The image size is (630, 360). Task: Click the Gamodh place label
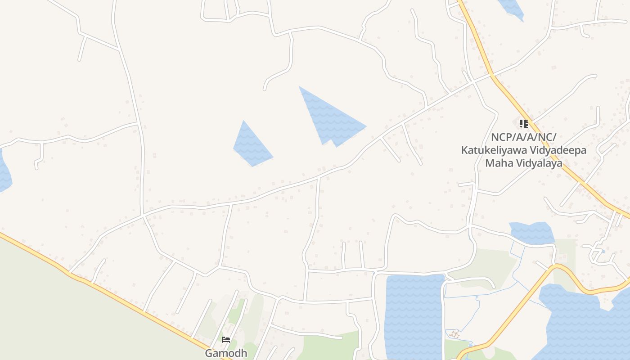pyautogui.click(x=226, y=353)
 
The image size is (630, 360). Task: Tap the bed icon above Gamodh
pyautogui.click(x=226, y=340)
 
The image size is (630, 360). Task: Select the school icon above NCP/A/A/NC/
pyautogui.click(x=523, y=123)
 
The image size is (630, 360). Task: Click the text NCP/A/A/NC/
pyautogui.click(x=523, y=137)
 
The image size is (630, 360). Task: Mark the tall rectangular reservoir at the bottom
pyautogui.click(x=414, y=315)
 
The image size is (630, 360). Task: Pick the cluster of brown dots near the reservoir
pyautogui.click(x=455, y=334)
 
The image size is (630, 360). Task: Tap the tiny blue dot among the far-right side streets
pyautogui.click(x=603, y=251)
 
